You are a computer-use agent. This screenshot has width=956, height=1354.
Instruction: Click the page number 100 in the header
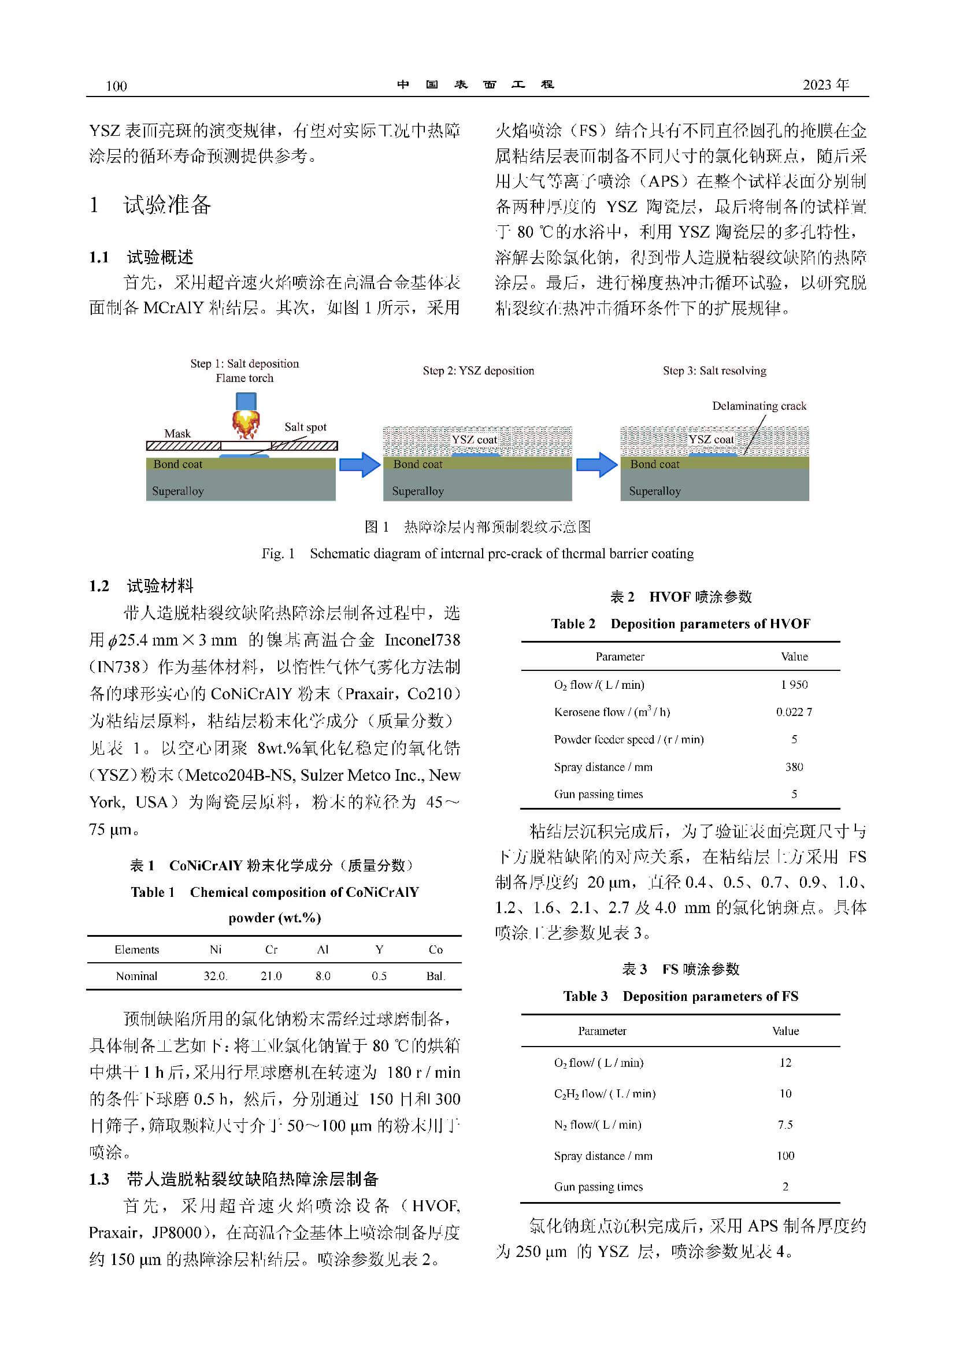coord(116,86)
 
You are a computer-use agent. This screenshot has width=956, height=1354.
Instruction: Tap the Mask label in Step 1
coord(177,433)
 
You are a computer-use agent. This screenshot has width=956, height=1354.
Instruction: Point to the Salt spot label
coord(305,427)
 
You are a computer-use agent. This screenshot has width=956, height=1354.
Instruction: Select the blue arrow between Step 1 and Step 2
coord(360,465)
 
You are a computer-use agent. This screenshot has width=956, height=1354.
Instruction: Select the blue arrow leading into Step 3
coord(596,465)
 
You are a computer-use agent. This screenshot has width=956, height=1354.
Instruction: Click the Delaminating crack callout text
coord(758,406)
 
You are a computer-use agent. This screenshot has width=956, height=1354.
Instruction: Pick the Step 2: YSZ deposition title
coord(479,371)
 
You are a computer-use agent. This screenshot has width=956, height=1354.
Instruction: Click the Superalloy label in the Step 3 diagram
coord(655,491)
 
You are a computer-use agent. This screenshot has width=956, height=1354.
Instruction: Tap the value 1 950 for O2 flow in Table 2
coord(794,685)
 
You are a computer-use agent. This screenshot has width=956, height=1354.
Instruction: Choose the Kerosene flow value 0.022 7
coord(794,713)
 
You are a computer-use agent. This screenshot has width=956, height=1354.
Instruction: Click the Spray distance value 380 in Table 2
coord(794,767)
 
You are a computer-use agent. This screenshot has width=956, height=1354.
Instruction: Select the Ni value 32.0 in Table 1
coord(215,976)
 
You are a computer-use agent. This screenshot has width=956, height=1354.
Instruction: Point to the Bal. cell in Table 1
coord(435,976)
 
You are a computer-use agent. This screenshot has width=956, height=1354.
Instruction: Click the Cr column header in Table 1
coord(271,949)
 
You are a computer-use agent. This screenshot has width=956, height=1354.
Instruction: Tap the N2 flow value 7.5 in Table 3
coord(785,1125)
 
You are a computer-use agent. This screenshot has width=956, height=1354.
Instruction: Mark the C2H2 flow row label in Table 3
coord(605,1094)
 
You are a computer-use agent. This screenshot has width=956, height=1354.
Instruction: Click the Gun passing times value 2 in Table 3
coord(785,1186)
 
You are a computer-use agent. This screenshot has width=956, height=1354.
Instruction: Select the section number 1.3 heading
coord(99,1179)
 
